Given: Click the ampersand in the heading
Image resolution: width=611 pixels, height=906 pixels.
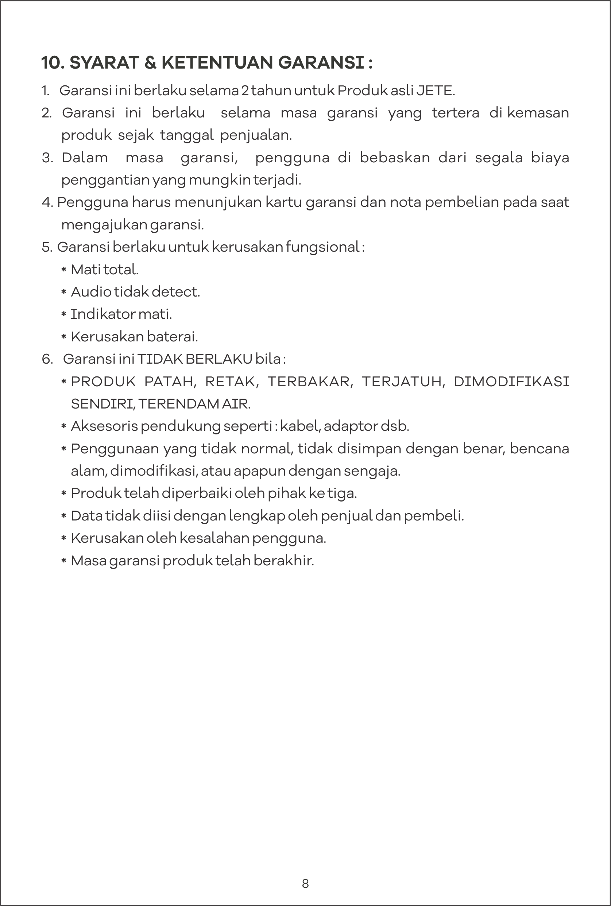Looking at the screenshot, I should (x=150, y=63).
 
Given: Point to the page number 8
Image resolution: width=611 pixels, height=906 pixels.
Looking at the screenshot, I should (x=305, y=883).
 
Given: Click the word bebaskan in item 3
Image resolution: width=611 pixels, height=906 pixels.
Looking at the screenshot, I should (x=394, y=158).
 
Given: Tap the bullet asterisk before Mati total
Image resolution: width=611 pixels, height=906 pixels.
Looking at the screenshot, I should (x=64, y=270).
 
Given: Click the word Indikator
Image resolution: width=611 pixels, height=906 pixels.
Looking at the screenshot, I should (x=103, y=314).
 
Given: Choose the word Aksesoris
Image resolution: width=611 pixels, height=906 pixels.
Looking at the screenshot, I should (x=104, y=426).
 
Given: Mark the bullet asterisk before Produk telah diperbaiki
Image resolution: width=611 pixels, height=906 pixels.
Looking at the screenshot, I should (x=64, y=494).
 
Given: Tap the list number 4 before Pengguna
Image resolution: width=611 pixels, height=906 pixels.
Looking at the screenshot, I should (x=46, y=202).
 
